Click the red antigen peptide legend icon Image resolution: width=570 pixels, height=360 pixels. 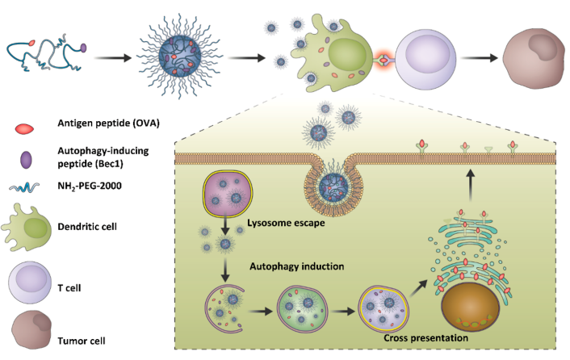click(23, 128)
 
